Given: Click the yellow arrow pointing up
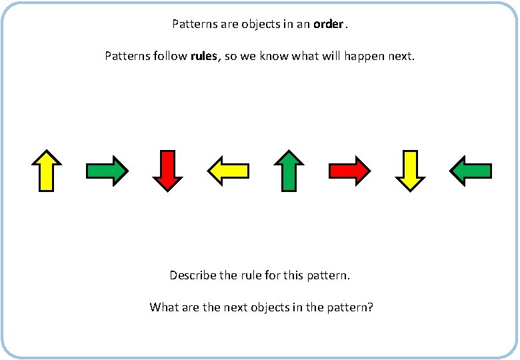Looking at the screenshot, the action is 47,171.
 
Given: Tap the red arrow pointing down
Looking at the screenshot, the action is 167,171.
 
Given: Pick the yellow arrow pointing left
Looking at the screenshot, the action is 228,171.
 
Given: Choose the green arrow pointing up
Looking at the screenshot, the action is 289,171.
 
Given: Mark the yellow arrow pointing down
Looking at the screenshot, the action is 410,171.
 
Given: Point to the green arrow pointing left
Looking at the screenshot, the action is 471,171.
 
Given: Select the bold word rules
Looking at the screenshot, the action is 204,56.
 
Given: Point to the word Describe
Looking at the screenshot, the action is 193,275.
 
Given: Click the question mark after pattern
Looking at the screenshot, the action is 371,307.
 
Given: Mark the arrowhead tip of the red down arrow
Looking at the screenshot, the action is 167,190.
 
